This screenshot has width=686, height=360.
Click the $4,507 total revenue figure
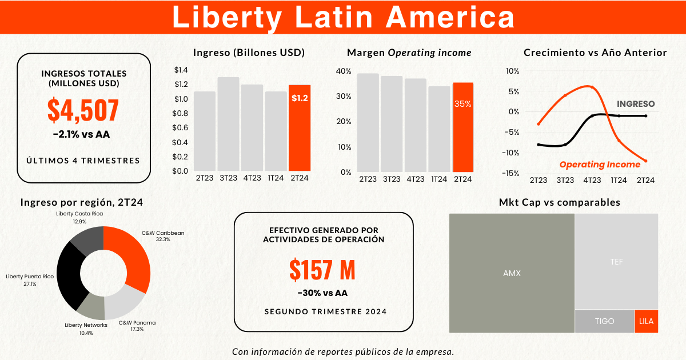(83, 111)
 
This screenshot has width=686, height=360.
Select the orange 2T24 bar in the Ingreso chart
(300, 129)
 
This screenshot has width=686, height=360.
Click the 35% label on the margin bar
(463, 104)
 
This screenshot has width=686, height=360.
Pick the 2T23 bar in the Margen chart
(368, 123)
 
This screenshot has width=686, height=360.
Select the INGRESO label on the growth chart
(636, 104)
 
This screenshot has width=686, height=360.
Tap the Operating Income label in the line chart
(600, 165)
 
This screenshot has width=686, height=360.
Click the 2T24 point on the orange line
(645, 161)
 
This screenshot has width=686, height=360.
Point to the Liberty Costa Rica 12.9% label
(79, 217)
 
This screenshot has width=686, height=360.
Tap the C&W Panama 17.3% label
(137, 326)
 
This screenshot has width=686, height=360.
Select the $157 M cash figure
(322, 270)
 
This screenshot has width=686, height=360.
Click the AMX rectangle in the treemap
(512, 273)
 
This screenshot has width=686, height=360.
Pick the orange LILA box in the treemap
(646, 321)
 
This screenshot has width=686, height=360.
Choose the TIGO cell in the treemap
(604, 321)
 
